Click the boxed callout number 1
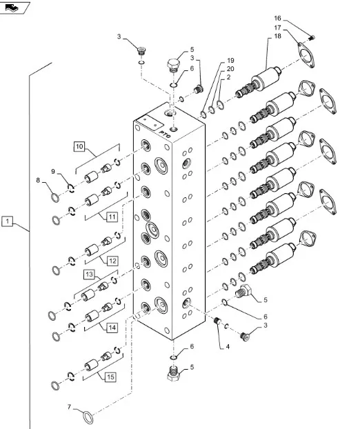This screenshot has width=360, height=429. [7, 221]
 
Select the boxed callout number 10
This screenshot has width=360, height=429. [79, 146]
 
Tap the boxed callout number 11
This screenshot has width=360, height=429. [112, 217]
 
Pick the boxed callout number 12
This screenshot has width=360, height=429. [112, 261]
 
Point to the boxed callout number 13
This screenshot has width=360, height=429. [90, 275]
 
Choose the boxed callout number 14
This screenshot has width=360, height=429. [112, 328]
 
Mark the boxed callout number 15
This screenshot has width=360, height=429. [110, 377]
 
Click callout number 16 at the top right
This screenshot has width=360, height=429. [277, 19]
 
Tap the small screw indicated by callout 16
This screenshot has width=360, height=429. [312, 37]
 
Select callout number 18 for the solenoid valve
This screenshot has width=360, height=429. [277, 36]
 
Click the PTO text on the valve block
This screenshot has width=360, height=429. [165, 134]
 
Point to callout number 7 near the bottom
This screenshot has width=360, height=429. [69, 408]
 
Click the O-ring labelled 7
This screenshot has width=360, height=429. [88, 417]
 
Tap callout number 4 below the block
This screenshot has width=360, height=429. [228, 347]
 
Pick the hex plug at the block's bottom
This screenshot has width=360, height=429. [173, 373]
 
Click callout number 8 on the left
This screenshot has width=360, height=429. [38, 180]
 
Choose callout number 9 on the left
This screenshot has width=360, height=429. [53, 172]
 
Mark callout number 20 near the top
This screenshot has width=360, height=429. [230, 69]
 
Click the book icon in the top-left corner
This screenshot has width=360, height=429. [12, 8]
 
